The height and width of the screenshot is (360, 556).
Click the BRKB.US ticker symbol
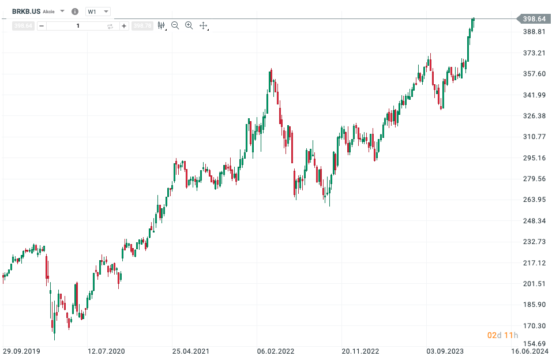(26, 11)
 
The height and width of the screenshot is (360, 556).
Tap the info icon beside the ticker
(74, 12)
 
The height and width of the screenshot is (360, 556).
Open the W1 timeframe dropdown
(97, 12)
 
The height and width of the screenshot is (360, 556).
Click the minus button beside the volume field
(42, 26)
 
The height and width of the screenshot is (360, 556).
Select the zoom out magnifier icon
(175, 25)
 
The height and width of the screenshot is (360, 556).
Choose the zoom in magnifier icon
(189, 25)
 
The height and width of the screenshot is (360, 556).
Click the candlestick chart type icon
(161, 25)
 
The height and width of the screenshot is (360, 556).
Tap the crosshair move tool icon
(203, 25)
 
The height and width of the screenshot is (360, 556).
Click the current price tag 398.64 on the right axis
(535, 19)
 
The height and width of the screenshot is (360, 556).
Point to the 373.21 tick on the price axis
(534, 53)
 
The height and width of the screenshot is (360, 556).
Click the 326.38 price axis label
(534, 116)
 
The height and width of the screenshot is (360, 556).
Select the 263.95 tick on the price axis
(534, 200)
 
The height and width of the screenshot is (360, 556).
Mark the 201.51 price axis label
(534, 283)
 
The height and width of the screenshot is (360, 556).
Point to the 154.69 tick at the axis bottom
(534, 344)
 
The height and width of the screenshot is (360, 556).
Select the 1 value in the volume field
(78, 26)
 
